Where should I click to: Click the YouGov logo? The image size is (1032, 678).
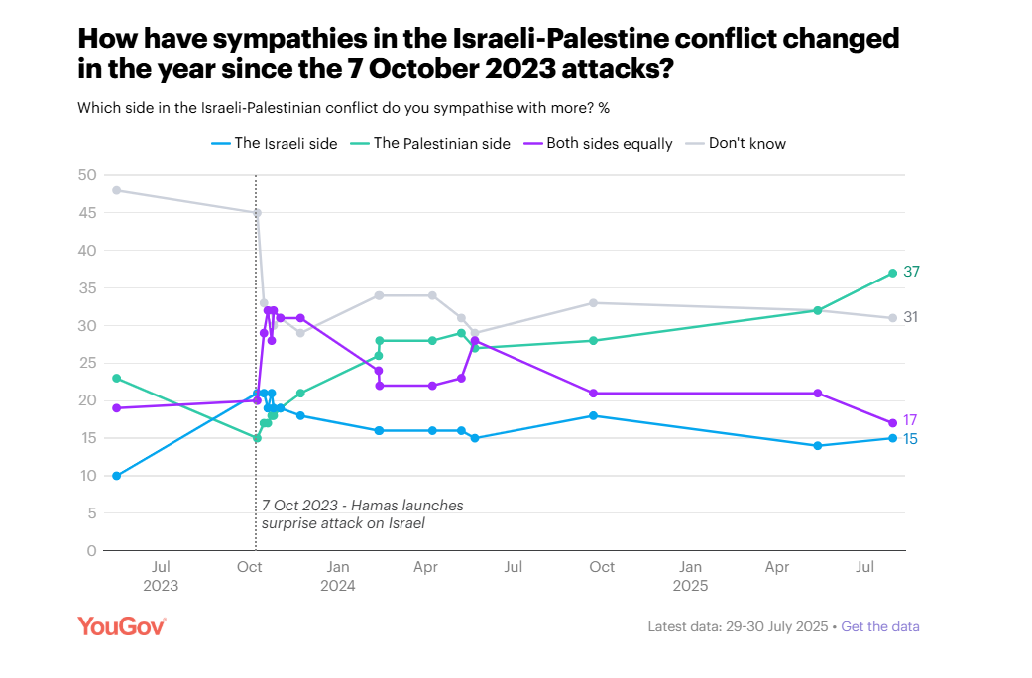(121, 625)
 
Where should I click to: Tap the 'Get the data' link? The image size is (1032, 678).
(880, 626)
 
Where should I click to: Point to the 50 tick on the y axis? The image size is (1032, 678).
(87, 175)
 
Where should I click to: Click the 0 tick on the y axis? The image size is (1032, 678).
(92, 550)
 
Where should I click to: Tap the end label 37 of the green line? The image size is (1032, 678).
(912, 272)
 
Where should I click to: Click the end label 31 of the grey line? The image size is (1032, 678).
(912, 317)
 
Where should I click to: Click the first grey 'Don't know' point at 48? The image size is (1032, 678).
(117, 190)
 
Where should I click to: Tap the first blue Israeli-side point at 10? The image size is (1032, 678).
(117, 476)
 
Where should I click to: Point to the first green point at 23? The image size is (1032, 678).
(117, 378)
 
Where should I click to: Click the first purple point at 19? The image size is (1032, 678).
(117, 407)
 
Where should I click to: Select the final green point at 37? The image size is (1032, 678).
(893, 273)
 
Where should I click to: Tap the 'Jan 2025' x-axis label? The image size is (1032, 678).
(690, 576)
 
